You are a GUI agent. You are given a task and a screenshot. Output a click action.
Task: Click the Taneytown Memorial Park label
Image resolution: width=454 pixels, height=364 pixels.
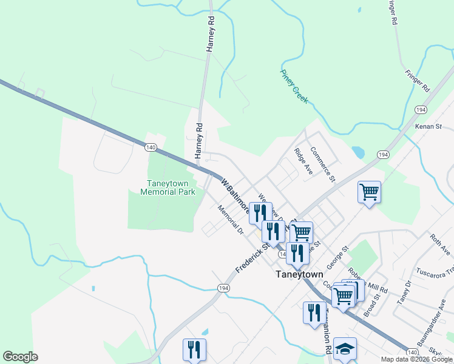(x=168, y=187)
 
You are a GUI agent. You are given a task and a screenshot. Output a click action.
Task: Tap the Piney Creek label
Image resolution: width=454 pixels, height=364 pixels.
(x=294, y=86)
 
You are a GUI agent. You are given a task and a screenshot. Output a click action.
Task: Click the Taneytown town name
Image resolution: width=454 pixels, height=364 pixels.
(x=299, y=274)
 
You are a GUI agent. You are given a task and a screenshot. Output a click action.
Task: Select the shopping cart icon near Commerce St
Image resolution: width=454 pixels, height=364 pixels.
(x=369, y=192)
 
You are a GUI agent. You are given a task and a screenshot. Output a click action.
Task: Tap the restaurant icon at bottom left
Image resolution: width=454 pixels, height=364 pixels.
(x=194, y=349)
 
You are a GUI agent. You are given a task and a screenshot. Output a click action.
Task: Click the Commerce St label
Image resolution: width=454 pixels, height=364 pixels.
(x=322, y=164)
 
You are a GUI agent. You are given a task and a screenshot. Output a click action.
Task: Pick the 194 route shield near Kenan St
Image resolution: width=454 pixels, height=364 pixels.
(x=419, y=109)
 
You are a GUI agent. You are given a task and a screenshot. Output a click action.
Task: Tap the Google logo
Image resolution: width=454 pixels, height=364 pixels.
(x=20, y=357)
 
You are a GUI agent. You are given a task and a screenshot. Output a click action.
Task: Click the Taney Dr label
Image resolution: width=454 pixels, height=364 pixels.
(x=404, y=293)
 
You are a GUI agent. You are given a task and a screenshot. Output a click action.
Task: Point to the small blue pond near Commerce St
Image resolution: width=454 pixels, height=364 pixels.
(x=357, y=152)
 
